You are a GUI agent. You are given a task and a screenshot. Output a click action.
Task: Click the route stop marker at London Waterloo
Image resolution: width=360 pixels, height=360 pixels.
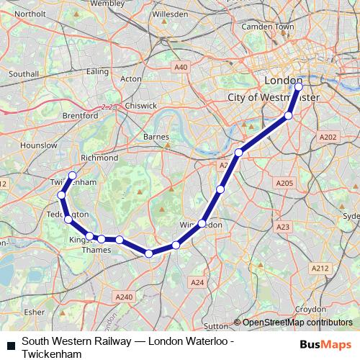pos(299,87)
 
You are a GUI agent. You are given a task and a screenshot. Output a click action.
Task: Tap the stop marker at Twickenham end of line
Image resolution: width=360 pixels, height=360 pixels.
pos(72,175)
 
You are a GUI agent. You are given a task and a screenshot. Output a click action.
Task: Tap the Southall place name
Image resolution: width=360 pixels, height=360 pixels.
pos(24,73)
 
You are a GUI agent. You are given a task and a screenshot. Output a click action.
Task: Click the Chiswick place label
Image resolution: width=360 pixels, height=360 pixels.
pos(141,105)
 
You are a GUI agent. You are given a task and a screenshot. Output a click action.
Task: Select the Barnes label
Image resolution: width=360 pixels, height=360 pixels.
pos(156,136)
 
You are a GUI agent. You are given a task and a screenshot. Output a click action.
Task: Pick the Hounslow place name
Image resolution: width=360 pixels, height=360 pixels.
pos(39,145)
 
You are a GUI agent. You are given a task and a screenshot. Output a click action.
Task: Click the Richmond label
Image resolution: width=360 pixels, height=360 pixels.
pos(99,158)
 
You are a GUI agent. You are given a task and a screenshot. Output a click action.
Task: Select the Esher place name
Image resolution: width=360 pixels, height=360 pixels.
pos(34,312)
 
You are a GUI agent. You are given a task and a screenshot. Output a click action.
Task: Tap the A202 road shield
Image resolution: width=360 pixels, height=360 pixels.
pos(328,137)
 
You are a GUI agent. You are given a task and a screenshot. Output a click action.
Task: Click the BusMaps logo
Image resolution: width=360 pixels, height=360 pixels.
pos(325,344)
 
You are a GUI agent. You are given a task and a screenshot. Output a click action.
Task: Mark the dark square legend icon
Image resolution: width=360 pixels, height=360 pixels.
pos(10,346)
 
